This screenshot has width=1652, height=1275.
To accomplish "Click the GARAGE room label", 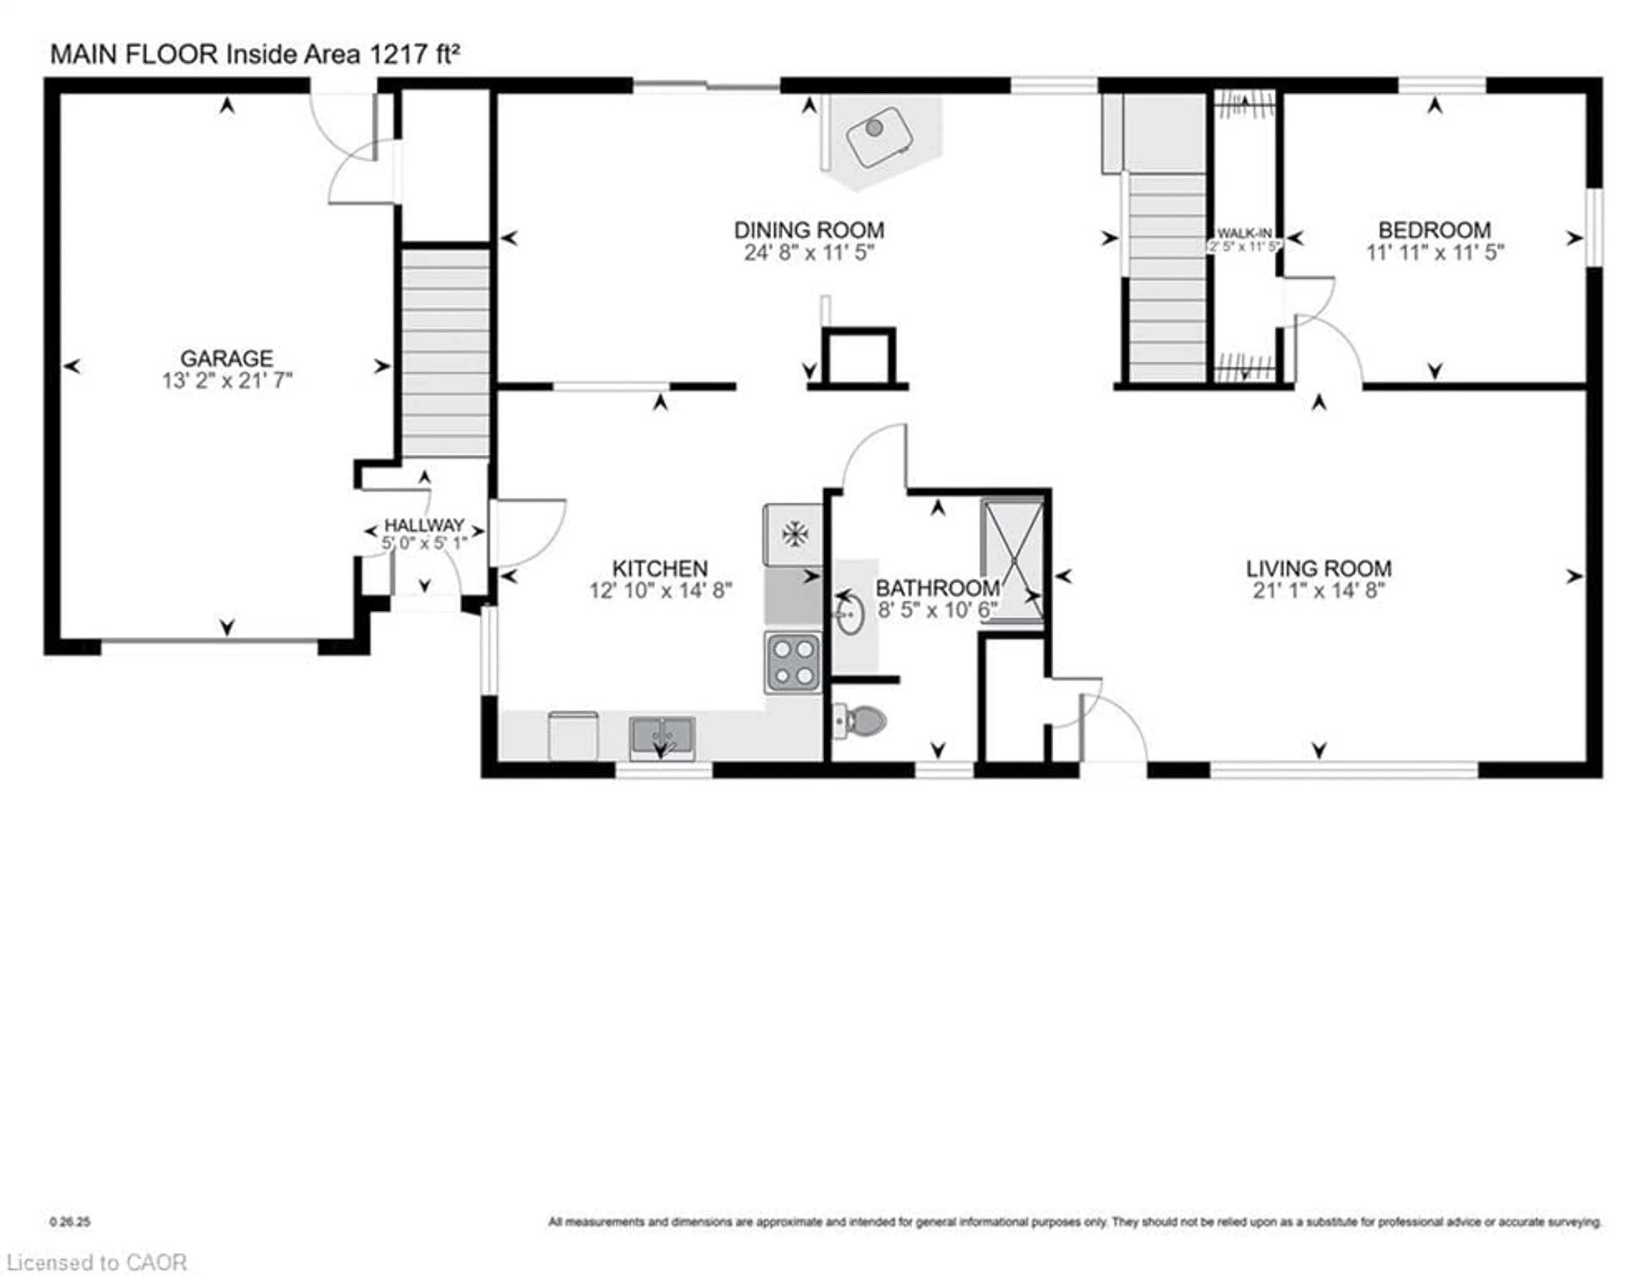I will (226, 358).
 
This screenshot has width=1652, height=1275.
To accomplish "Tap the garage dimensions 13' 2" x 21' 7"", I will (226, 380).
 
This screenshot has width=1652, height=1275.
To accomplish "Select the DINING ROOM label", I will (809, 230).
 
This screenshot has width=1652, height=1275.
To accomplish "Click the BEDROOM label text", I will (1434, 230).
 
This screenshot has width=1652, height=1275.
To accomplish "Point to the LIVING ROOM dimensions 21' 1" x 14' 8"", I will (1319, 591).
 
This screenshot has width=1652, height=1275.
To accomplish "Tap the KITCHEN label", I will (660, 568).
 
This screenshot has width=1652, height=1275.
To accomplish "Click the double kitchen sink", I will (662, 737).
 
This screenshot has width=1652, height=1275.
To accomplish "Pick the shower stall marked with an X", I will (1012, 560).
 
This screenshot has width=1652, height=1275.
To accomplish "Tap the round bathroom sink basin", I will (850, 614).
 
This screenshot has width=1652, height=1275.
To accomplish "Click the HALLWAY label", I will (424, 525).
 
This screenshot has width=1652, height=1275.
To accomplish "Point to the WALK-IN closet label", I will (1244, 234).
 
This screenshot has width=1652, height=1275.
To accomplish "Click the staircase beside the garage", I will (445, 352).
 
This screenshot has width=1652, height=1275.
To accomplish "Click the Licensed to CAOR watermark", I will (96, 1262).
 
